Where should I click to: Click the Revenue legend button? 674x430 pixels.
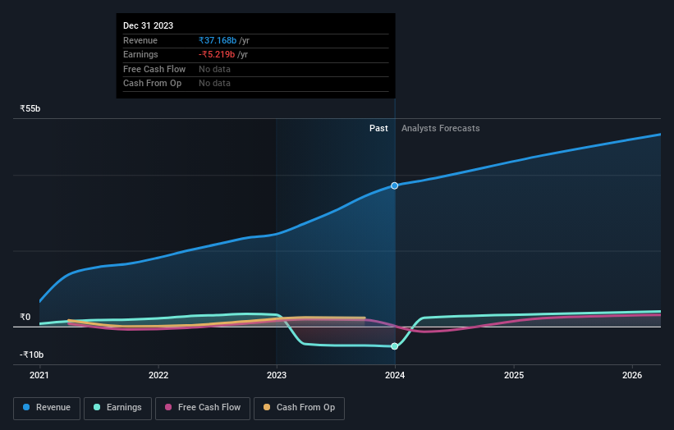pyautogui.click(x=47, y=408)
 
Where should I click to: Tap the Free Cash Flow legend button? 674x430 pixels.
pyautogui.click(x=202, y=408)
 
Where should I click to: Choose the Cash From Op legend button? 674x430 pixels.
pyautogui.click(x=300, y=408)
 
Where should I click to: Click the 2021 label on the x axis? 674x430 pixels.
pyautogui.click(x=39, y=376)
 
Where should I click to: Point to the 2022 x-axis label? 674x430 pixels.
pyautogui.click(x=158, y=376)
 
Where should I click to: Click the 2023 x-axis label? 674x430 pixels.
pyautogui.click(x=277, y=376)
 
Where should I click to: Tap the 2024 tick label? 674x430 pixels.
pyautogui.click(x=395, y=376)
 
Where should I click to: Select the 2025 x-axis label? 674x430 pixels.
pyautogui.click(x=514, y=376)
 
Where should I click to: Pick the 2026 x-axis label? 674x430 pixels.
pyautogui.click(x=632, y=376)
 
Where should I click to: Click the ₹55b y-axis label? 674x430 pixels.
pyautogui.click(x=30, y=108)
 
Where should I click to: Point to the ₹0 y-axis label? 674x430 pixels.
pyautogui.click(x=25, y=317)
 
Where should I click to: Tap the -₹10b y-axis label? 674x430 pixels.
pyautogui.click(x=32, y=355)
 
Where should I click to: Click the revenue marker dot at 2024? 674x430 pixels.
pyautogui.click(x=395, y=185)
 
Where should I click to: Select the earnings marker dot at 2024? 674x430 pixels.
pyautogui.click(x=395, y=346)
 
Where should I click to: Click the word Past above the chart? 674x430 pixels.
pyautogui.click(x=378, y=128)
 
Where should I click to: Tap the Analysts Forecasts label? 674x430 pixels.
pyautogui.click(x=440, y=128)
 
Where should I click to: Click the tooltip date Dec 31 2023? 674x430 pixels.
pyautogui.click(x=149, y=26)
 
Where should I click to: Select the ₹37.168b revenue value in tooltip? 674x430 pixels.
pyautogui.click(x=218, y=40)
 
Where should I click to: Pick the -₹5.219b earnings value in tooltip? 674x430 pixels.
pyautogui.click(x=217, y=54)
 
